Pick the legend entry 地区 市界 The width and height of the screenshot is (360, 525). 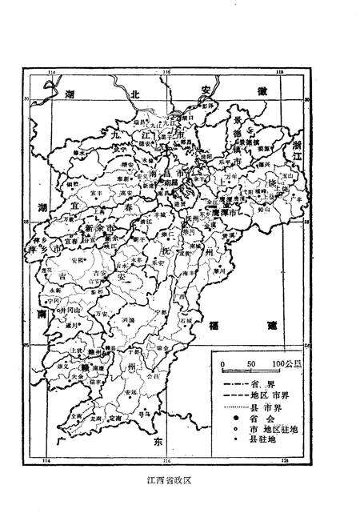[252, 395]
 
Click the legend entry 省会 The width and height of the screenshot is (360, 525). [244, 419]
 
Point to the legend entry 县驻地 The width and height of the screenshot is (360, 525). [244, 440]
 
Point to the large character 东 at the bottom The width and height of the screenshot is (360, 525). [157, 441]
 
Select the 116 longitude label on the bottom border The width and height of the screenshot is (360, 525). [165, 462]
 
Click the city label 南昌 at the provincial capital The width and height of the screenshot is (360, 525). [169, 182]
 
